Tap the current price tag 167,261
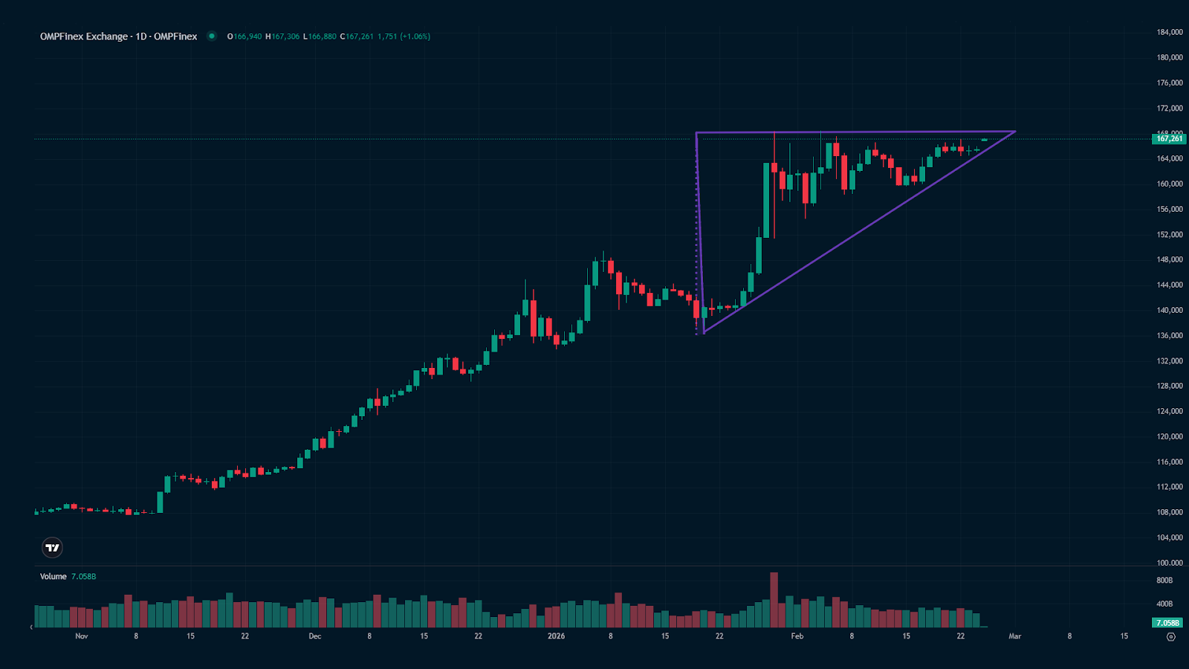point(1169,138)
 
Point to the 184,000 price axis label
point(1169,32)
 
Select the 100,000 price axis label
point(1169,563)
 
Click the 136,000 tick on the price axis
point(1169,335)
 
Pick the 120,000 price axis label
point(1169,436)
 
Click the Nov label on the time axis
point(82,636)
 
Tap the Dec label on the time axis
point(315,636)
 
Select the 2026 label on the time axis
point(556,636)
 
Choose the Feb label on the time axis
point(797,636)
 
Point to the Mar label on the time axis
point(1015,636)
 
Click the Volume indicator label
point(54,577)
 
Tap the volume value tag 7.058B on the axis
point(1167,622)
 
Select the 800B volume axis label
point(1164,581)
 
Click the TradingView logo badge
point(52,548)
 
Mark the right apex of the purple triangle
point(1015,132)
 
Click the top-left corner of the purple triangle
point(696,133)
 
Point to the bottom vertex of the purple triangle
point(703,332)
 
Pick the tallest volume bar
point(774,599)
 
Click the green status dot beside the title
point(212,36)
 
